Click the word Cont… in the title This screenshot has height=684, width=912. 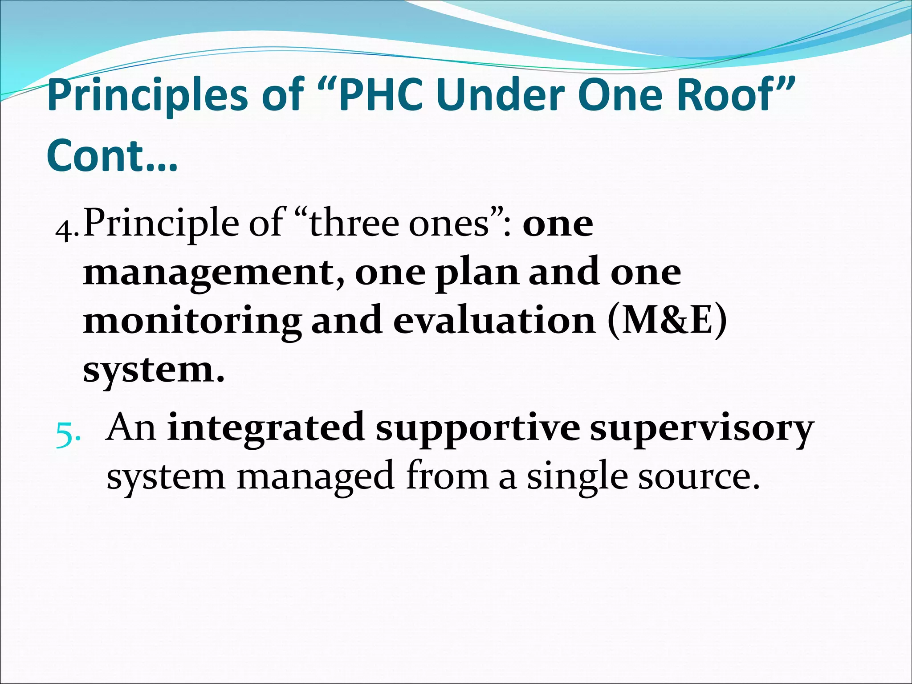click(112, 155)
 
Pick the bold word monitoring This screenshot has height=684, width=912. click(191, 322)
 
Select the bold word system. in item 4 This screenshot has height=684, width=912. click(154, 370)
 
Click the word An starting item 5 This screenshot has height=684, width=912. click(131, 427)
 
